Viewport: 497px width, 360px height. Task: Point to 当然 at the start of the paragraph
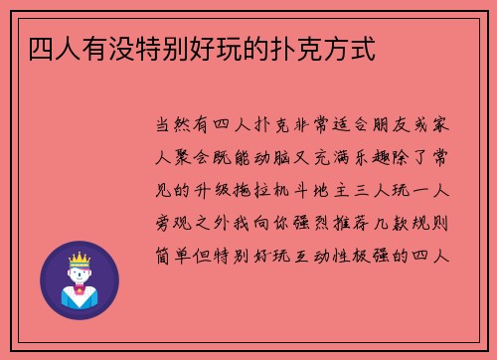click(177, 128)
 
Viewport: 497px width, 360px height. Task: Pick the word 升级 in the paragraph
click(221, 192)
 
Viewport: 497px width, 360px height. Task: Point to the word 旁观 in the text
click(177, 224)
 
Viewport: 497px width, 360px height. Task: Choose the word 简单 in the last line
click(177, 256)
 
